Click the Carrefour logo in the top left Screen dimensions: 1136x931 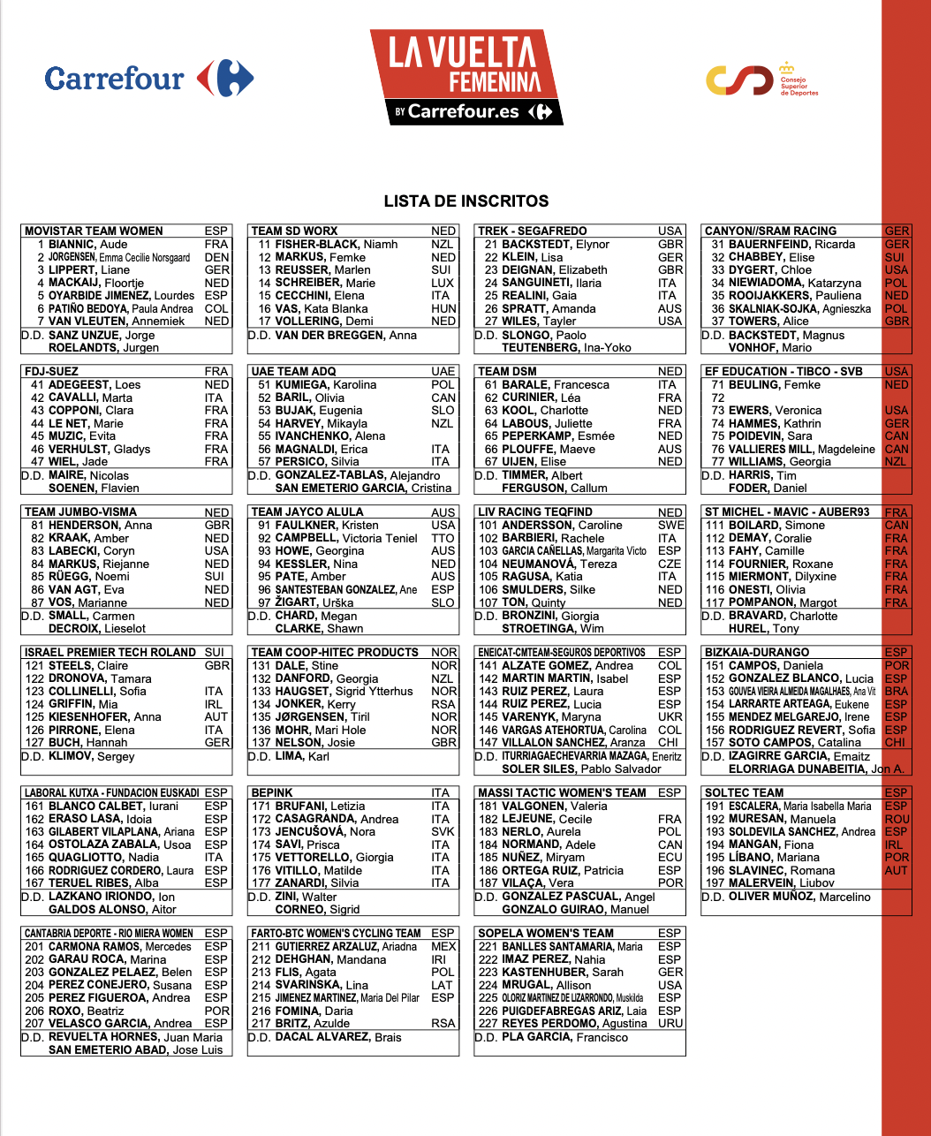coord(148,79)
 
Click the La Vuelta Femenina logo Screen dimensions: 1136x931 coord(465,77)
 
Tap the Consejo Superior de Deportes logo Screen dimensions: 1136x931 coord(761,80)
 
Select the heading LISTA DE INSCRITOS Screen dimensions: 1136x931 coord(466,201)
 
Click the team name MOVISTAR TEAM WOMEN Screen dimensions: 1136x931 coord(94,231)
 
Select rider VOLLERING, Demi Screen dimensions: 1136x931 coord(324,322)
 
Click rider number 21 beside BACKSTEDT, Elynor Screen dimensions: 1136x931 coord(490,245)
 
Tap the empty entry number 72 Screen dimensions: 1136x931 coord(717,398)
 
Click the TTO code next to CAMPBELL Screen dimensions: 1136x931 coord(443,538)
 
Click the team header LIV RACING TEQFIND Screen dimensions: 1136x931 coord(535,512)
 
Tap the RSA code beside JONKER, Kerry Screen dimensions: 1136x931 coord(443,704)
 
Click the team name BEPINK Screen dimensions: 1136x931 coord(272,793)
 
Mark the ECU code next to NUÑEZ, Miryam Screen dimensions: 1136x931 coord(670,858)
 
